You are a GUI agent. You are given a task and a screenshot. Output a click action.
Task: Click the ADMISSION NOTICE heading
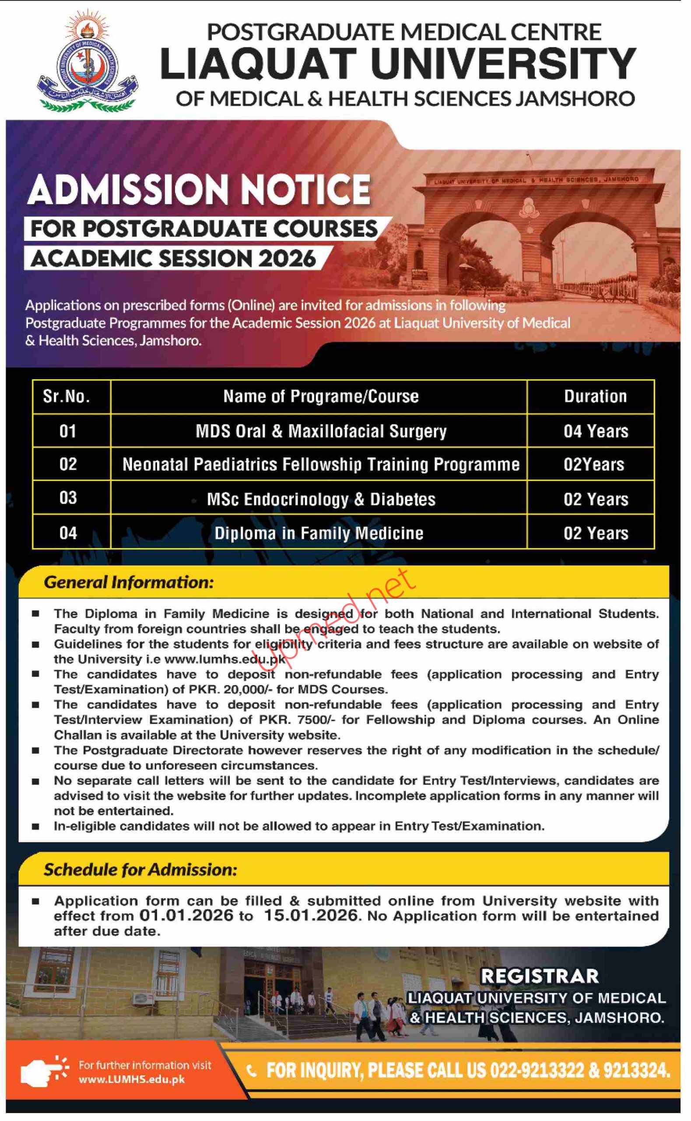199,189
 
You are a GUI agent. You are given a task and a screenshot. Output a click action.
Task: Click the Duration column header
595,396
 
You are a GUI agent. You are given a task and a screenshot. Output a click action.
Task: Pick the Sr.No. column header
67,396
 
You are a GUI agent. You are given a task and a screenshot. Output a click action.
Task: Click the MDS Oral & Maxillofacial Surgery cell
321,431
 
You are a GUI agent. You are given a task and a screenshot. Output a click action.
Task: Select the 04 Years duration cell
596,431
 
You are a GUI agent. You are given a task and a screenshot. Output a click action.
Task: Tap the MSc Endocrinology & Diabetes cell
321,499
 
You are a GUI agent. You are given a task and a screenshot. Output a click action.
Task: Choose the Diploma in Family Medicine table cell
319,533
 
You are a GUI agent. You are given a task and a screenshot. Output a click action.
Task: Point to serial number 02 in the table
68,465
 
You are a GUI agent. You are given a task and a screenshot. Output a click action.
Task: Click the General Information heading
129,582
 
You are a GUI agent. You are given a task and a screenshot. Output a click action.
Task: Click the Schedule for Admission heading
140,869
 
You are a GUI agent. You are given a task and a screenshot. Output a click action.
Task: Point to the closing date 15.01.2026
311,915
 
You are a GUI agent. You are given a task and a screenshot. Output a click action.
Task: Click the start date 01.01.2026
186,915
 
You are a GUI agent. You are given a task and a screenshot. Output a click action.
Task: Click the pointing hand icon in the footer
42,1071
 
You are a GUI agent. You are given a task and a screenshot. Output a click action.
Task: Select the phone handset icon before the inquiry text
251,1070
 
